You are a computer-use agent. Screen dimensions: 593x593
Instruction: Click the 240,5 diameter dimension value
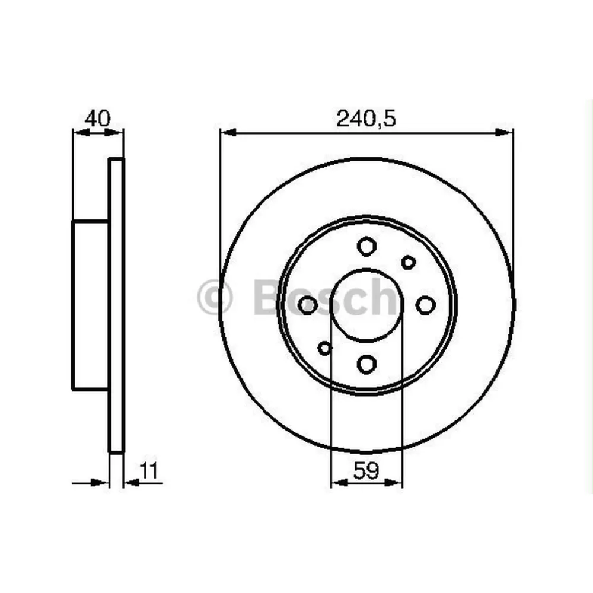tap(366, 119)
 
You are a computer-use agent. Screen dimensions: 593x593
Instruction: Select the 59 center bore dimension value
tap(366, 471)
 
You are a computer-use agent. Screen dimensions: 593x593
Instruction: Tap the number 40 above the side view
tap(97, 118)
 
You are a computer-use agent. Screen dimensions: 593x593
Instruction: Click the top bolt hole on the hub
tap(366, 246)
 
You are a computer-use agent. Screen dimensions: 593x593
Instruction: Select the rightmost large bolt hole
tap(425, 305)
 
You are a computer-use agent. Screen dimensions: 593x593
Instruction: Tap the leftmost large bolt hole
tap(308, 305)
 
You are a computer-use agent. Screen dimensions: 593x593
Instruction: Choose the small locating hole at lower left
tap(324, 348)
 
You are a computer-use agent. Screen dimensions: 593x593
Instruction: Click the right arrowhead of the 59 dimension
tap(396, 484)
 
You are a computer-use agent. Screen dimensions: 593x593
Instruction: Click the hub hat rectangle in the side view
tap(91, 305)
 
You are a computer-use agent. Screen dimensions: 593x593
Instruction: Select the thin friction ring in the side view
tap(117, 305)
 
